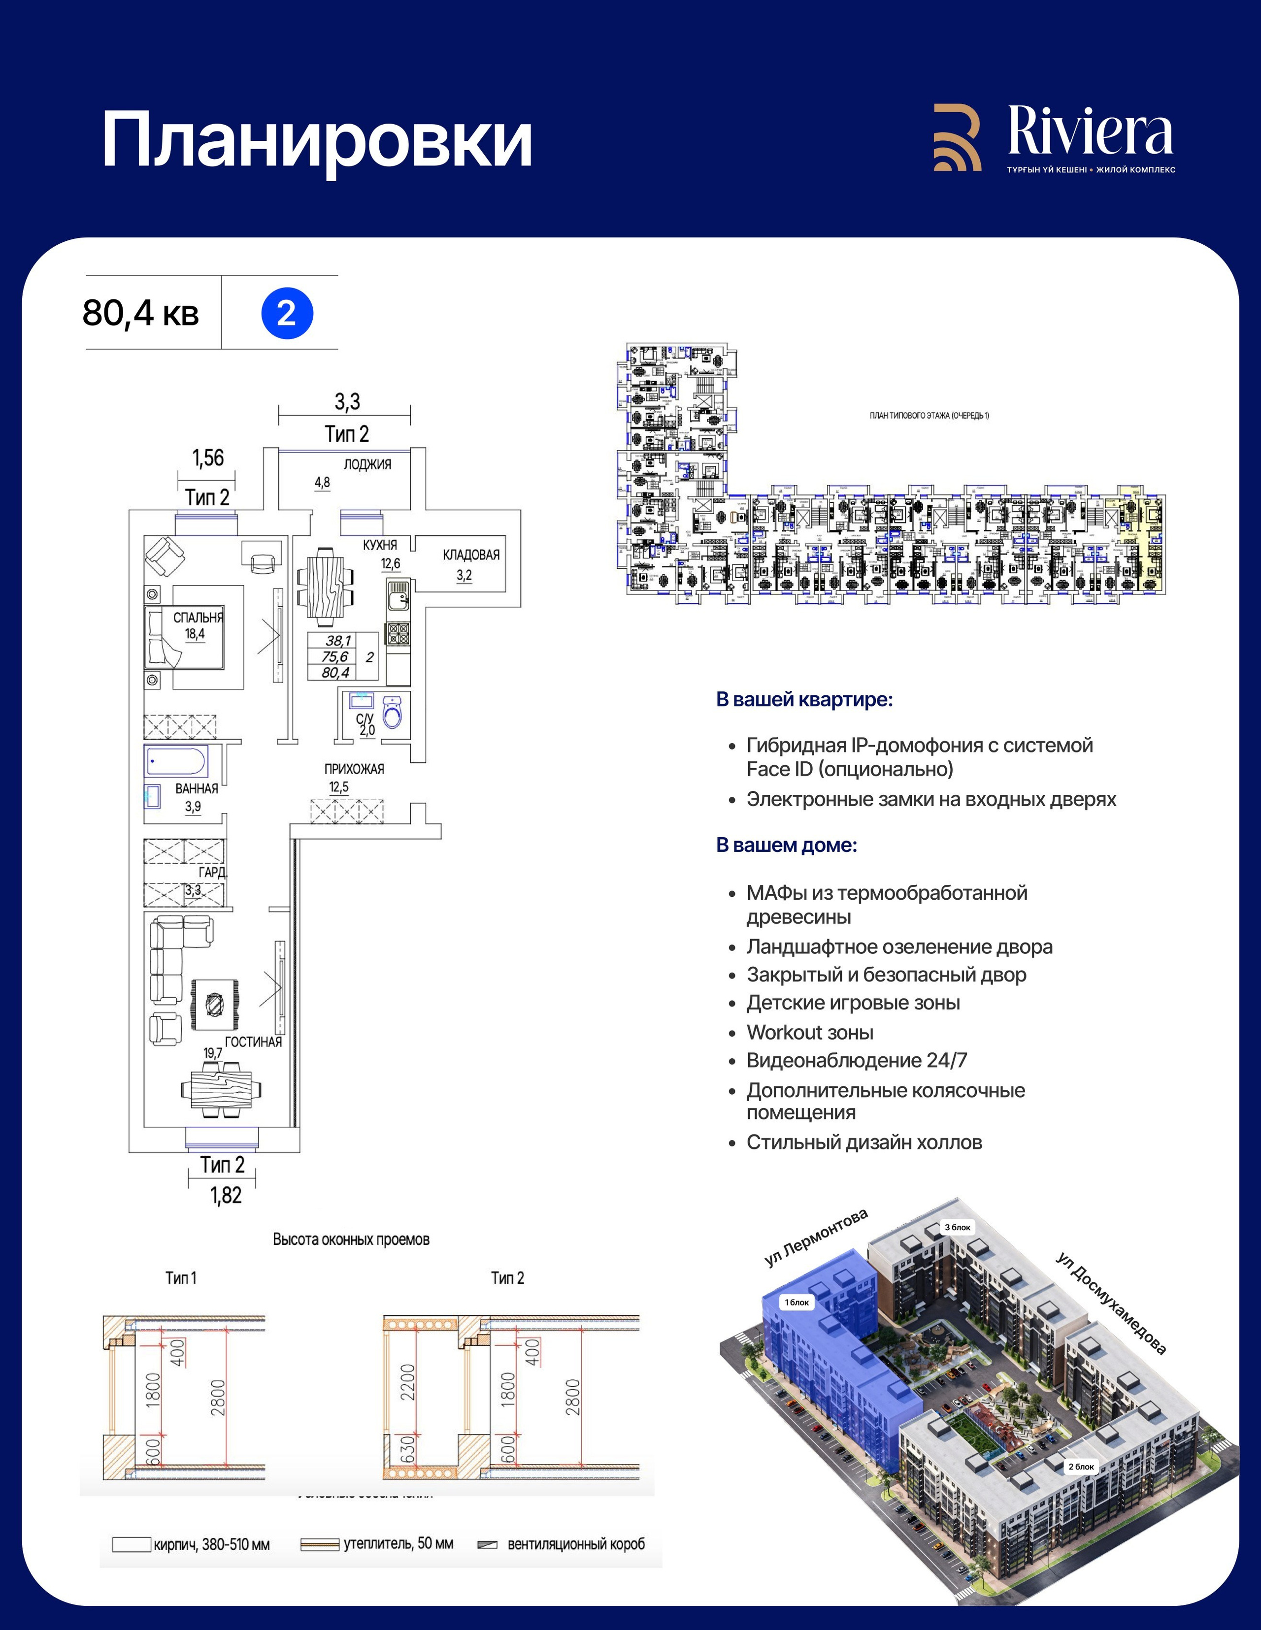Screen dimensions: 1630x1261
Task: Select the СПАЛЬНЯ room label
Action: pyautogui.click(x=198, y=618)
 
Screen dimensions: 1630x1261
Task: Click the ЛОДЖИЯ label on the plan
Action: pyautogui.click(x=367, y=464)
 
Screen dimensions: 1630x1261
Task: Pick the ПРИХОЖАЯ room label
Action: pyautogui.click(x=354, y=769)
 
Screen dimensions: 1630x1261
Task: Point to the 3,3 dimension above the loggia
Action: pyautogui.click(x=347, y=402)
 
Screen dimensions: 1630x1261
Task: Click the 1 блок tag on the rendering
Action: pyautogui.click(x=796, y=1303)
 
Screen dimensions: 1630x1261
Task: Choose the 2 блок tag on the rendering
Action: pyautogui.click(x=1080, y=1467)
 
